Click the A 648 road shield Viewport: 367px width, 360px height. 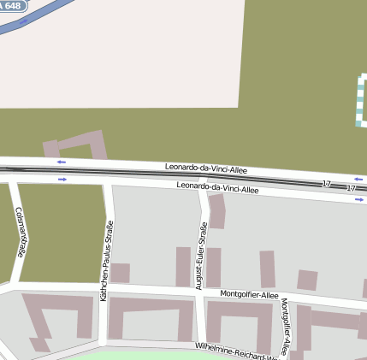click(x=11, y=5)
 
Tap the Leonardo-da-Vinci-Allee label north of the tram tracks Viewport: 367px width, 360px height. click(x=206, y=169)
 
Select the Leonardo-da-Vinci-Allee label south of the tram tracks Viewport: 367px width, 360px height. click(x=217, y=188)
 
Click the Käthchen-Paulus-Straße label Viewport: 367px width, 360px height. click(x=106, y=260)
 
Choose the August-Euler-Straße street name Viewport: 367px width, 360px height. click(x=202, y=255)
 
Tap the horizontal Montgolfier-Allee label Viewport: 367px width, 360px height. click(x=249, y=295)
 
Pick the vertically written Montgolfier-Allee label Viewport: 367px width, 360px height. click(x=286, y=326)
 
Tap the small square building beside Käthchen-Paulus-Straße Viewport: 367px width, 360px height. click(x=120, y=273)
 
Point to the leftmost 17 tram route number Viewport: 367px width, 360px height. click(x=327, y=185)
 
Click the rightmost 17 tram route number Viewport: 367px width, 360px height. click(x=351, y=187)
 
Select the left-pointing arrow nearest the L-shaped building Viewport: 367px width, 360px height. click(x=61, y=162)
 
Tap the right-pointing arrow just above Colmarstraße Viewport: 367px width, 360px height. click(x=62, y=180)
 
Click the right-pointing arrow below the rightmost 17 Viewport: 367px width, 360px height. click(x=359, y=199)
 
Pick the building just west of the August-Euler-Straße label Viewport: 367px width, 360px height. click(x=182, y=266)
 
